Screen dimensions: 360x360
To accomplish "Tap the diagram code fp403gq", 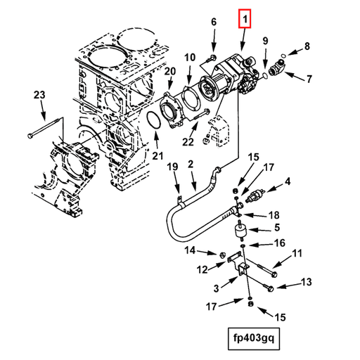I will [x=250, y=337].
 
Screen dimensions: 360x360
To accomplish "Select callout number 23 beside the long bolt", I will [x=39, y=95].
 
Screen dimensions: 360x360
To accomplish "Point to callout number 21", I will [x=157, y=155].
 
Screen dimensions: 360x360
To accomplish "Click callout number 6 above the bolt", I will [x=214, y=23].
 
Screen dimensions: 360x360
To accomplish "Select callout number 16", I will [x=279, y=243].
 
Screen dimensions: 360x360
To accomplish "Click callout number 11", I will [x=297, y=253].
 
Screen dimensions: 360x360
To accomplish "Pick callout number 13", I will [x=306, y=283].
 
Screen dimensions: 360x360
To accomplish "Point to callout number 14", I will [x=191, y=251].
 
